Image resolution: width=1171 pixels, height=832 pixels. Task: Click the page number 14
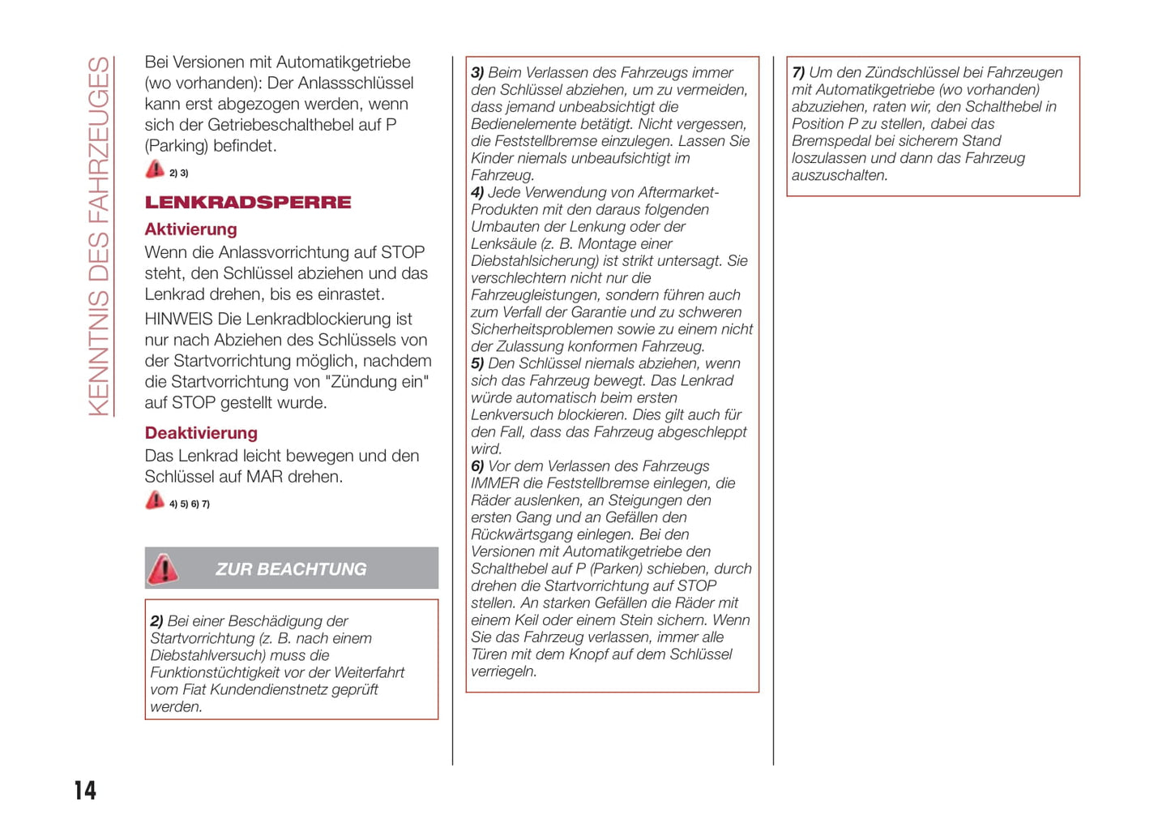(85, 790)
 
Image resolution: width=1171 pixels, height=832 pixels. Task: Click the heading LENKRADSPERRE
(248, 203)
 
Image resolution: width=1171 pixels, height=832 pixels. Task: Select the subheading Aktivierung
(190, 229)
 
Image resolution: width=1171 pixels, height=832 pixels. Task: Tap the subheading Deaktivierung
(201, 433)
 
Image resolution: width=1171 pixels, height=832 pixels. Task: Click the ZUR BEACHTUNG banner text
(291, 569)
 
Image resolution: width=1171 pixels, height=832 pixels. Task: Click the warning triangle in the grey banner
(163, 569)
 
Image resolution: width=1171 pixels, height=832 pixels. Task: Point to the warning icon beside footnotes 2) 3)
(154, 169)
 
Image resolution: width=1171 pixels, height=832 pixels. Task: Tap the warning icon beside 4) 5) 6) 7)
(154, 500)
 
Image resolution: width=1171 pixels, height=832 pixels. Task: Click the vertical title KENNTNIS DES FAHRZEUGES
(99, 236)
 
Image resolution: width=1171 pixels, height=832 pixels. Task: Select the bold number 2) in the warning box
(156, 621)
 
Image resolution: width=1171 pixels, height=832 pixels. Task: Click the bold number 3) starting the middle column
(477, 73)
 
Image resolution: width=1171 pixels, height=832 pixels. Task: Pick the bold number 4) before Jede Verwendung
(477, 193)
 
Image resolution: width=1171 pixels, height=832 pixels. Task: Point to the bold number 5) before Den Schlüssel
(477, 364)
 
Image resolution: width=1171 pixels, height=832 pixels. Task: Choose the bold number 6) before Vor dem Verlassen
(477, 466)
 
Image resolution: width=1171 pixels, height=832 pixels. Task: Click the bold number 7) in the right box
(798, 73)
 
